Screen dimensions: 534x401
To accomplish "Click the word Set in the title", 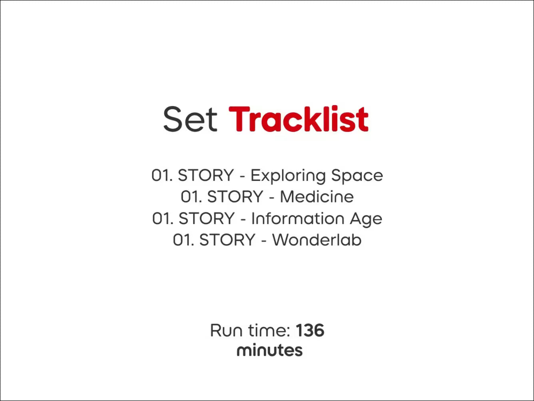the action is [190, 119].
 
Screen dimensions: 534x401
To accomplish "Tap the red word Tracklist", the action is [299, 118].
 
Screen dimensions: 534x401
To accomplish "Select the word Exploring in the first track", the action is [288, 176].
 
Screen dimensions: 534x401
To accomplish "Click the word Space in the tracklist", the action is [357, 175].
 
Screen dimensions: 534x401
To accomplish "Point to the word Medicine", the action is [317, 196].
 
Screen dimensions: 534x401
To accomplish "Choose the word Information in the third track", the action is [298, 218].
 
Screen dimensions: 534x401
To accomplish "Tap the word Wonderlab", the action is [317, 240].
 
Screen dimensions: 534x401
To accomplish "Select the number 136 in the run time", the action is [310, 331].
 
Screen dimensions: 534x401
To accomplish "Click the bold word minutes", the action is [269, 350].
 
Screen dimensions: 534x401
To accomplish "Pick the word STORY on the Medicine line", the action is [235, 196].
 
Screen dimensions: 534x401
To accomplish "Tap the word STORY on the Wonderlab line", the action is [227, 240].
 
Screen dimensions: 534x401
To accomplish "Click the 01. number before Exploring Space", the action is [162, 175].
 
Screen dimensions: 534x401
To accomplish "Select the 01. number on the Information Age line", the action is [163, 218].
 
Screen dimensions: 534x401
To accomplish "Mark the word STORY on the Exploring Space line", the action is [206, 175].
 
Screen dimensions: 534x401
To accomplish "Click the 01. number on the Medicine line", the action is [191, 196].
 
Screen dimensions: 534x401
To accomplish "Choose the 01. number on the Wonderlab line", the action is [183, 240].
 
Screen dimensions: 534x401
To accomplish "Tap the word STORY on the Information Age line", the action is [207, 218].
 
